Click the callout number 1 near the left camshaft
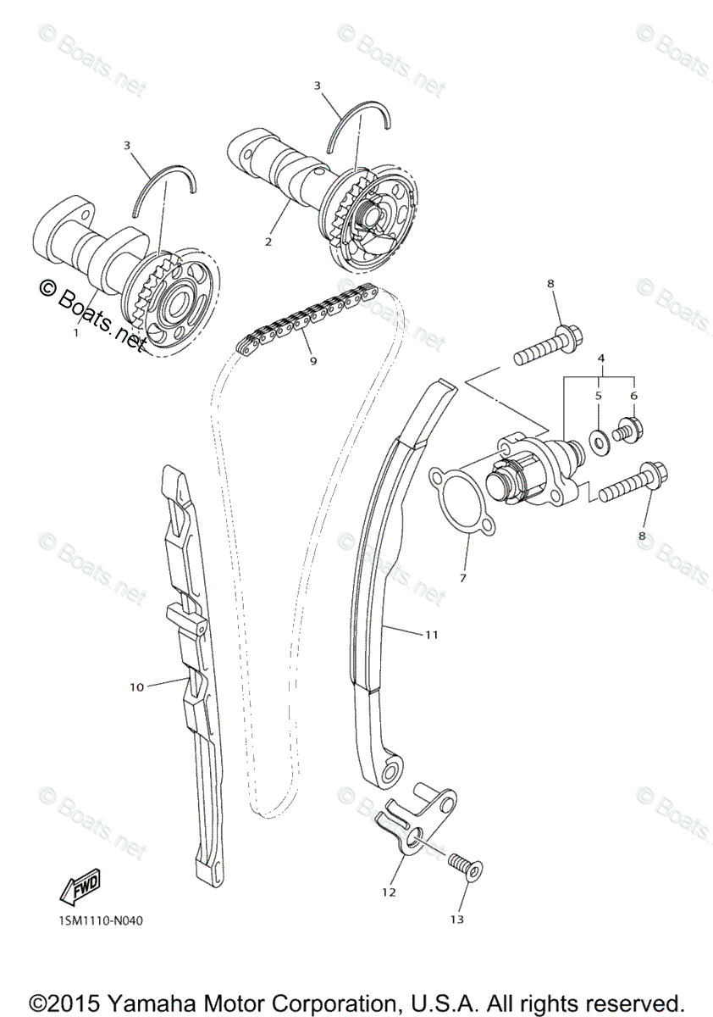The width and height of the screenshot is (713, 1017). (75, 333)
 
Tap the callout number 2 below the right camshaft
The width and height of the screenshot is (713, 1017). (268, 242)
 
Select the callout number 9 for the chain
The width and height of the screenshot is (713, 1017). (313, 360)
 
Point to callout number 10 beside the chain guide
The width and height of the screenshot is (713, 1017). (137, 687)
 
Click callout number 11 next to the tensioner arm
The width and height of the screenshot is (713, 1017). (431, 634)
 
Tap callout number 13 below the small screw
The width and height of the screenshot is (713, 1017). (458, 919)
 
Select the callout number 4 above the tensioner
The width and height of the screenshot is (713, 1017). (600, 358)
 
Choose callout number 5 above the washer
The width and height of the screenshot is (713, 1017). (597, 396)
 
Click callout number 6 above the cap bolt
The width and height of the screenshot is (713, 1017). (633, 396)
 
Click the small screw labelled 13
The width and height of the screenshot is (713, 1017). (463, 865)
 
